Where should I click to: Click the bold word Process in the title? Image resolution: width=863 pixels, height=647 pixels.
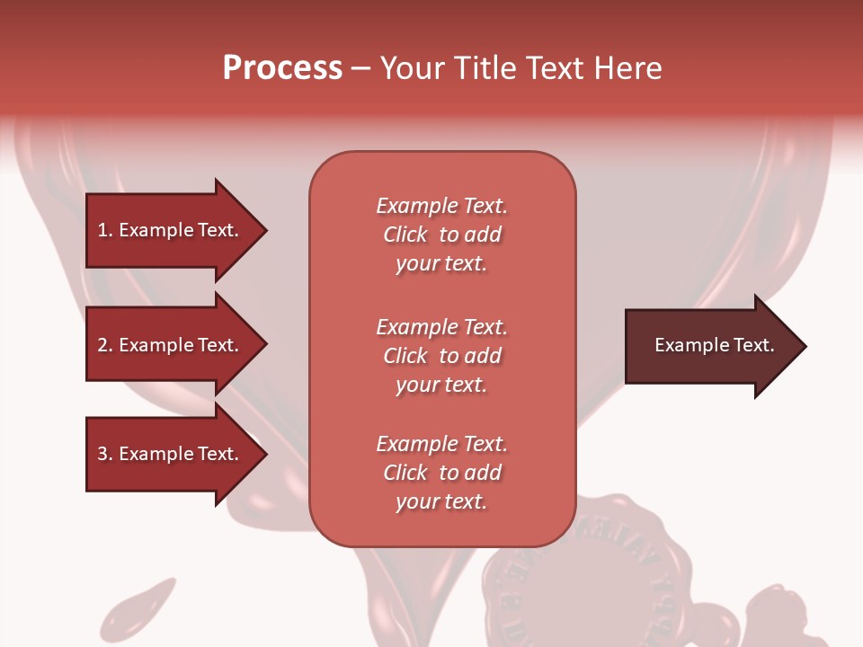click(282, 68)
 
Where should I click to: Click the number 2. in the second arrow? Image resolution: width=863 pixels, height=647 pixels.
click(105, 345)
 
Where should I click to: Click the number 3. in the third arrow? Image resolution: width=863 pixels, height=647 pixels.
click(105, 454)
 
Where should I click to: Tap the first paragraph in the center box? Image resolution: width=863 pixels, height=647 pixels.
click(441, 235)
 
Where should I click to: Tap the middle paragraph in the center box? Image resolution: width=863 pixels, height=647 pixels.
click(441, 356)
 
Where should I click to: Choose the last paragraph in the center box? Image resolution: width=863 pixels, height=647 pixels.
click(441, 473)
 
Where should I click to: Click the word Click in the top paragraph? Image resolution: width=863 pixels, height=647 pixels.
click(405, 235)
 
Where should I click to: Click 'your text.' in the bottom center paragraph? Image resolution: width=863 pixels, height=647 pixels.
click(441, 501)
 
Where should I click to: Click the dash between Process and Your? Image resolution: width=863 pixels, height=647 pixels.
click(361, 68)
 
